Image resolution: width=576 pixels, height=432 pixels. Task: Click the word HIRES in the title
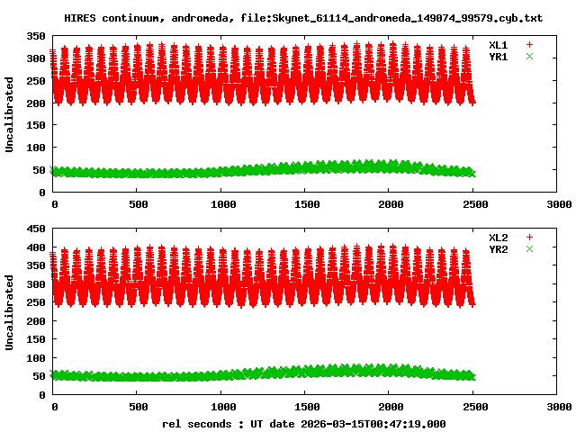pyautogui.click(x=80, y=17)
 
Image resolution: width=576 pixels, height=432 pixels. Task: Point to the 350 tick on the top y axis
pyautogui.click(x=36, y=36)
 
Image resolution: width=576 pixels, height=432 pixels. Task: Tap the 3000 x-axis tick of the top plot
pyautogui.click(x=559, y=204)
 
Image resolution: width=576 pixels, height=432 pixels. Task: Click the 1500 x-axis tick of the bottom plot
pyautogui.click(x=306, y=407)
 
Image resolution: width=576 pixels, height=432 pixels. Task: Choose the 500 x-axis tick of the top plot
pyautogui.click(x=138, y=204)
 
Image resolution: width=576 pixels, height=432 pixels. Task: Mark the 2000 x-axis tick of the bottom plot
pyautogui.click(x=391, y=407)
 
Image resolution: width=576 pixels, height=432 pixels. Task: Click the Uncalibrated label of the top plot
pyautogui.click(x=10, y=114)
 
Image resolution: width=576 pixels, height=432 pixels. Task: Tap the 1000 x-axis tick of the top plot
pyautogui.click(x=222, y=204)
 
